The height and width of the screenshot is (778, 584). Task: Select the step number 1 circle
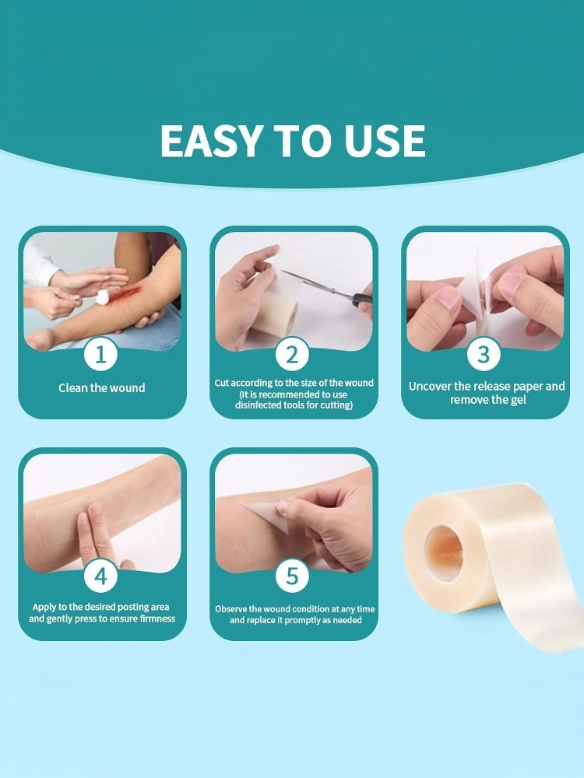pyautogui.click(x=100, y=354)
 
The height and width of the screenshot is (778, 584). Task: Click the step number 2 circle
pyautogui.click(x=293, y=354)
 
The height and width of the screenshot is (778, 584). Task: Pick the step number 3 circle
pyautogui.click(x=484, y=354)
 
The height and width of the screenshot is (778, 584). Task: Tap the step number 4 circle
pyautogui.click(x=100, y=576)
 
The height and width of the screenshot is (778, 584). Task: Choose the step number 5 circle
pyautogui.click(x=293, y=576)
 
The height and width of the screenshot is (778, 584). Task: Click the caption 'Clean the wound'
pyautogui.click(x=102, y=387)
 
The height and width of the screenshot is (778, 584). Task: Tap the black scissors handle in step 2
pyautogui.click(x=361, y=300)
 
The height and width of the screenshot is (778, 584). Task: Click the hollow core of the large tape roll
pyautogui.click(x=445, y=552)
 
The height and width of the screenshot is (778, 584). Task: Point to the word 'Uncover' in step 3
pyautogui.click(x=430, y=386)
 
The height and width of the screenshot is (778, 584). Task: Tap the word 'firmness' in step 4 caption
pyautogui.click(x=157, y=619)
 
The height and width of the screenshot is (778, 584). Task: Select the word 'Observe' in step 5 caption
pyautogui.click(x=231, y=609)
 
